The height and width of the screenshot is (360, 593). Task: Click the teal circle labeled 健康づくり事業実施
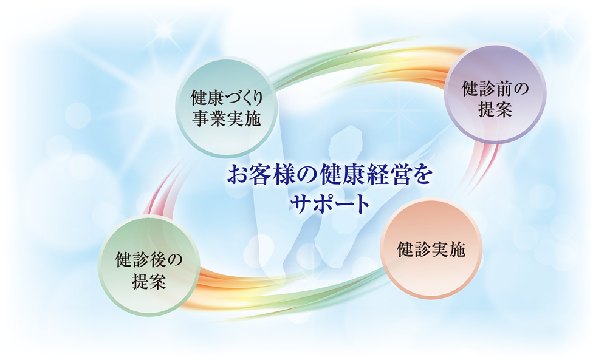coord(226,107)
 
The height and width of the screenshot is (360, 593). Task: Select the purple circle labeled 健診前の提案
coord(495,93)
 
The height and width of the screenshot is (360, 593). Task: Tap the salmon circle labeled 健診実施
coord(431,249)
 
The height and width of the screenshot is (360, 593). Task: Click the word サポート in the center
coord(329,205)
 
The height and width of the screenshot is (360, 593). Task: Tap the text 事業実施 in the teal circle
coord(226,118)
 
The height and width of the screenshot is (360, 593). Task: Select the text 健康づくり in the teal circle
coord(226,98)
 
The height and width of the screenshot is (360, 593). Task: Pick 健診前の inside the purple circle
coord(495,89)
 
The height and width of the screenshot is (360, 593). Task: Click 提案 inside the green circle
coord(149,281)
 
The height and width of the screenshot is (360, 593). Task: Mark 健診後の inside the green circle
coord(149,260)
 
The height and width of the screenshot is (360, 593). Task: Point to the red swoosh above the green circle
coord(163,189)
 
